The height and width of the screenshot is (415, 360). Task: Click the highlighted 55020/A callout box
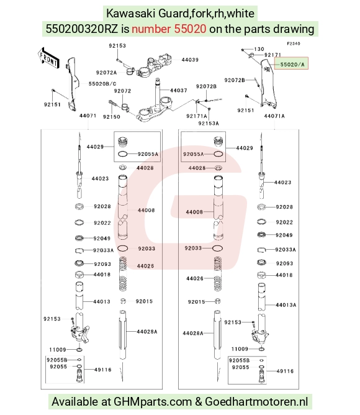291,63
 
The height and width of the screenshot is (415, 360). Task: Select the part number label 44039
190,60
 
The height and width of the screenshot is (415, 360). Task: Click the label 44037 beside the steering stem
179,91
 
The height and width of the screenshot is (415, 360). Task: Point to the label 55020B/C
102,84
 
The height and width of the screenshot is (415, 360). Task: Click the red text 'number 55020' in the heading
169,29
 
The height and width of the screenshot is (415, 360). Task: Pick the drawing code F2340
294,43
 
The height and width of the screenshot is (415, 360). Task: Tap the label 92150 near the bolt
112,117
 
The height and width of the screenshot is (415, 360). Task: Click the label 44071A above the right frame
274,116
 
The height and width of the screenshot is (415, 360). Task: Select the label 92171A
197,116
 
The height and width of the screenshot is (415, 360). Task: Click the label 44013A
286,305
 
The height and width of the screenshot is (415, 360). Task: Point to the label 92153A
209,124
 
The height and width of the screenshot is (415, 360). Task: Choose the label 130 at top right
259,49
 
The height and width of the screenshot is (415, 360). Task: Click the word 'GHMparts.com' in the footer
153,401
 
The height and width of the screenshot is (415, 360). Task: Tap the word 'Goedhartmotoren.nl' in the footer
256,401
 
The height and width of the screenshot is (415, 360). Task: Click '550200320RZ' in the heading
82,29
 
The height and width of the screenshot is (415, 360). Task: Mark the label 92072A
106,73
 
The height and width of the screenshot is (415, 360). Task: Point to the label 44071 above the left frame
88,116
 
